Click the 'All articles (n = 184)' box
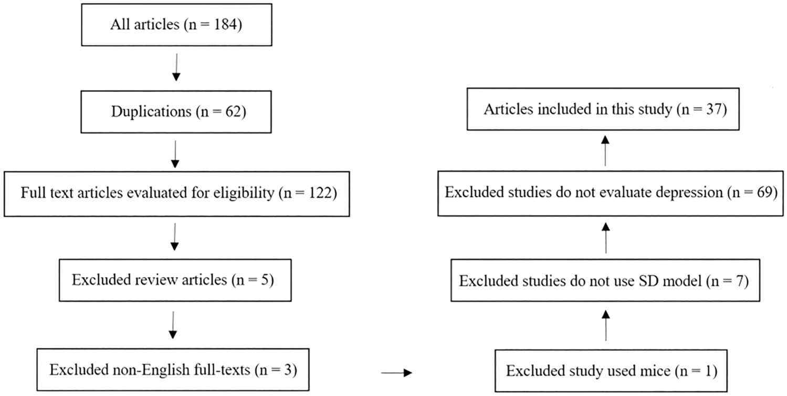pos(176,25)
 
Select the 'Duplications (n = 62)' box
pos(176,112)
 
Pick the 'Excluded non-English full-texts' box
pos(173,370)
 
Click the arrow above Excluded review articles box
pos(175,237)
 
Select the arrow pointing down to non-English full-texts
pos(174,326)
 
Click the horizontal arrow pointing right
pos(396,373)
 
